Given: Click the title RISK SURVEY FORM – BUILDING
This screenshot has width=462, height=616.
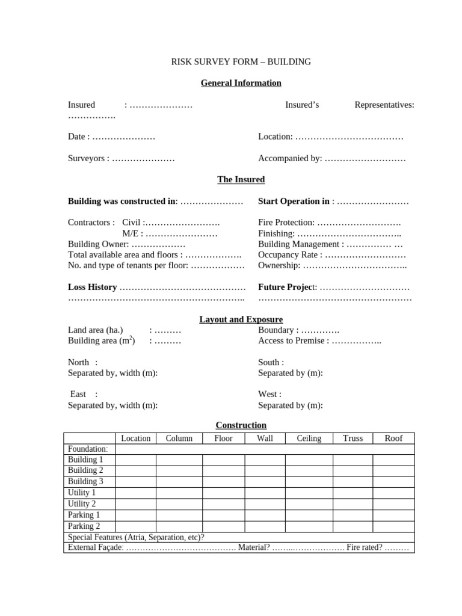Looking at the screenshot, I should (x=241, y=61).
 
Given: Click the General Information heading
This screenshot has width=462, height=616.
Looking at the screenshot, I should (x=241, y=83).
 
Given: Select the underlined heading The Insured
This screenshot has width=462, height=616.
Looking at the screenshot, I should (x=241, y=179).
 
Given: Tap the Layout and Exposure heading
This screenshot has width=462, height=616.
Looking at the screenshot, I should (x=241, y=319).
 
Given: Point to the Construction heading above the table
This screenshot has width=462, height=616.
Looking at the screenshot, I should (x=241, y=425).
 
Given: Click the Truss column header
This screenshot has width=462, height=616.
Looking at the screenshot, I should (x=353, y=439).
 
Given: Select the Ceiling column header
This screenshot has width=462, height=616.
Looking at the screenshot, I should (x=309, y=439).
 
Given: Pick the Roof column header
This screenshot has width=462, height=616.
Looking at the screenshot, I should (x=393, y=439).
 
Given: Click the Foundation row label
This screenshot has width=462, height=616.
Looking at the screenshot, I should (x=88, y=449).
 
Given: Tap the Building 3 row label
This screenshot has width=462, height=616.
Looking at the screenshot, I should (x=85, y=482).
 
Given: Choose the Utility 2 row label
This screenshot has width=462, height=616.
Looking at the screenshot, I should (x=82, y=504).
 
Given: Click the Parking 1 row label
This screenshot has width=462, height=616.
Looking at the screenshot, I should (x=84, y=515).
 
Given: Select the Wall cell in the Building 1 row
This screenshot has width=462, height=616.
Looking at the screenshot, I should (x=265, y=460).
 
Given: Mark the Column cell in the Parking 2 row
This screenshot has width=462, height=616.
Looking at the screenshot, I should (x=179, y=526).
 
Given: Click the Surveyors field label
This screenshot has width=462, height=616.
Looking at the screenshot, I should (x=88, y=159).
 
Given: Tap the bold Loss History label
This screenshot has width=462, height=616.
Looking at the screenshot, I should (x=92, y=288).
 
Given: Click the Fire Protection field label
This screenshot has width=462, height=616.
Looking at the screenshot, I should (x=286, y=223).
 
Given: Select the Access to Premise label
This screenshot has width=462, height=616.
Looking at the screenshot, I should (x=293, y=341).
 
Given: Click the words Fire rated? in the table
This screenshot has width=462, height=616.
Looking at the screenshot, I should (x=364, y=548).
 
